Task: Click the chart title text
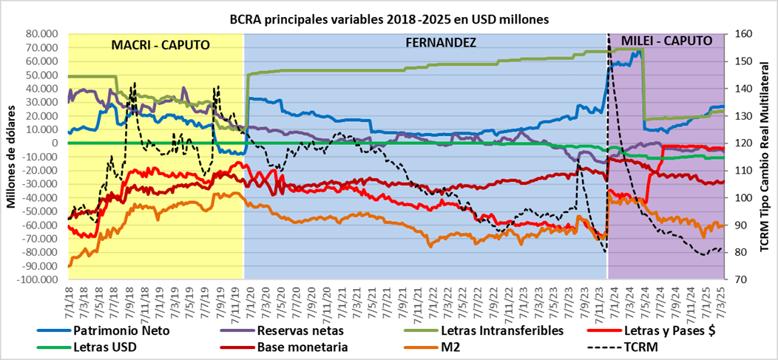click(389, 20)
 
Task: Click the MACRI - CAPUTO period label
click(160, 44)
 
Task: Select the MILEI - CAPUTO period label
click(666, 40)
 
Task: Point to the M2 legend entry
click(439, 346)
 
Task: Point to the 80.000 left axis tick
click(43, 34)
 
